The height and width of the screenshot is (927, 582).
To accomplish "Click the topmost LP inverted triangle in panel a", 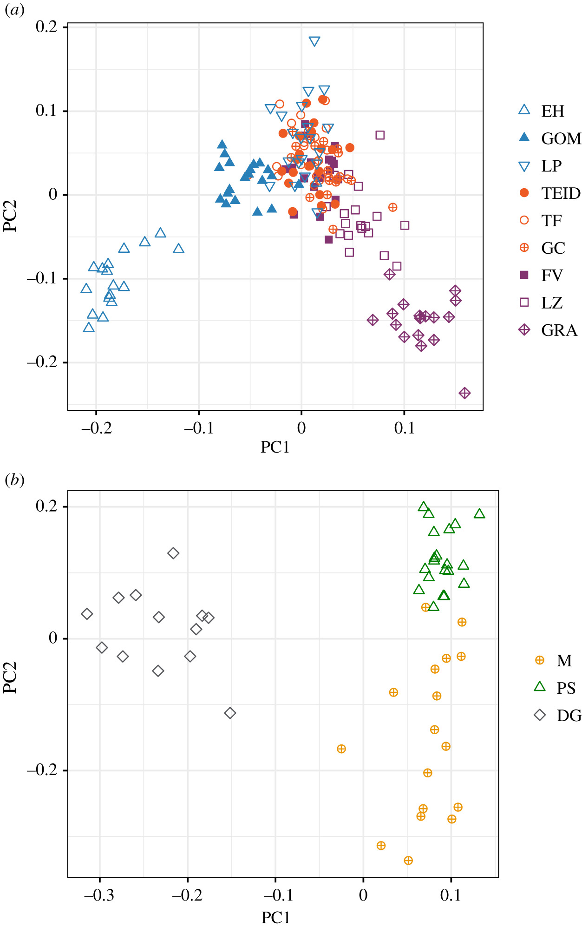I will [x=314, y=41].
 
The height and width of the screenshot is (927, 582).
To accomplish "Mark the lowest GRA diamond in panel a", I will [x=464, y=393].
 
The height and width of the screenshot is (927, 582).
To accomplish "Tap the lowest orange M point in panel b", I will [x=408, y=861].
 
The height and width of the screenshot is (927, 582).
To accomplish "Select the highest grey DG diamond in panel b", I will [x=173, y=553].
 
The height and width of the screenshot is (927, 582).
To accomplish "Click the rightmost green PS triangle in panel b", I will [x=479, y=513].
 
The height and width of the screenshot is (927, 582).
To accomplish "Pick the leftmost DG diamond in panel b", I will [x=87, y=614].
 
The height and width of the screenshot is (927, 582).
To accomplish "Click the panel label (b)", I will [x=14, y=480].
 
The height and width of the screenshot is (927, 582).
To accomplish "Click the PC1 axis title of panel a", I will [x=275, y=447].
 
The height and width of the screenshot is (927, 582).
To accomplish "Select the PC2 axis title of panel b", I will [x=10, y=677].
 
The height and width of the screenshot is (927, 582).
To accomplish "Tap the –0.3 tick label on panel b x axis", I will [x=98, y=895].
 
